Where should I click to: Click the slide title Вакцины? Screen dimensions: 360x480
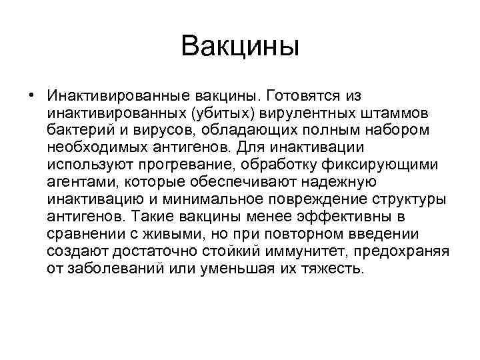240,47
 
